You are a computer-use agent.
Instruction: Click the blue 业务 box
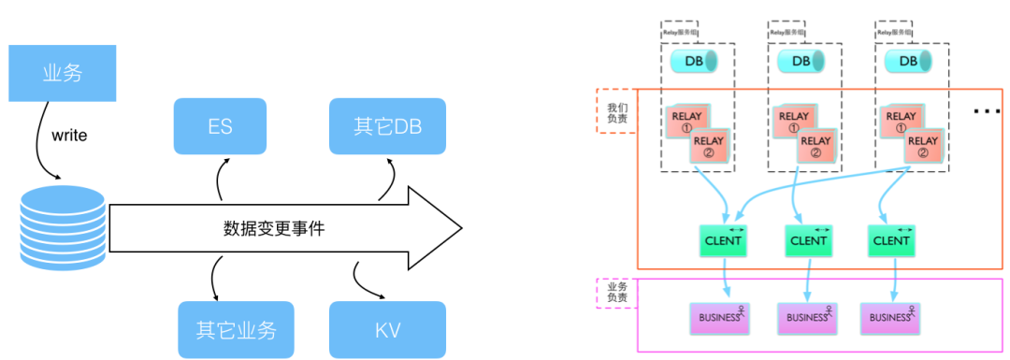coord(63,72)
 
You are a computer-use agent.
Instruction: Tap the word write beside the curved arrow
coord(69,136)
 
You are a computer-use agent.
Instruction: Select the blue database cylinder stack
coord(63,227)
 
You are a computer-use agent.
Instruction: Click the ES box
coord(220,126)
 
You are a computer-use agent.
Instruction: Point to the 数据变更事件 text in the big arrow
coord(274,228)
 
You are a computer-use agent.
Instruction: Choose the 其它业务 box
coord(236,330)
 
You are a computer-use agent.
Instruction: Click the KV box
coord(387,330)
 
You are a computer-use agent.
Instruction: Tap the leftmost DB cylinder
coord(694,62)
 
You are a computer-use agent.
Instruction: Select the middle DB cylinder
coord(801,62)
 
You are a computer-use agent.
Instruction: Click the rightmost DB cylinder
coord(908,62)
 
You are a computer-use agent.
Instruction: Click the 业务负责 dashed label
coord(616,294)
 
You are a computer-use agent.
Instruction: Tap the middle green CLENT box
coord(808,240)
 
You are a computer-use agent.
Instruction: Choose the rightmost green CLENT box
coord(890,240)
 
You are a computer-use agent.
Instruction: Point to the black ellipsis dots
coord(987,111)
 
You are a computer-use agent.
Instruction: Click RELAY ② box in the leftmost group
coord(709,146)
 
